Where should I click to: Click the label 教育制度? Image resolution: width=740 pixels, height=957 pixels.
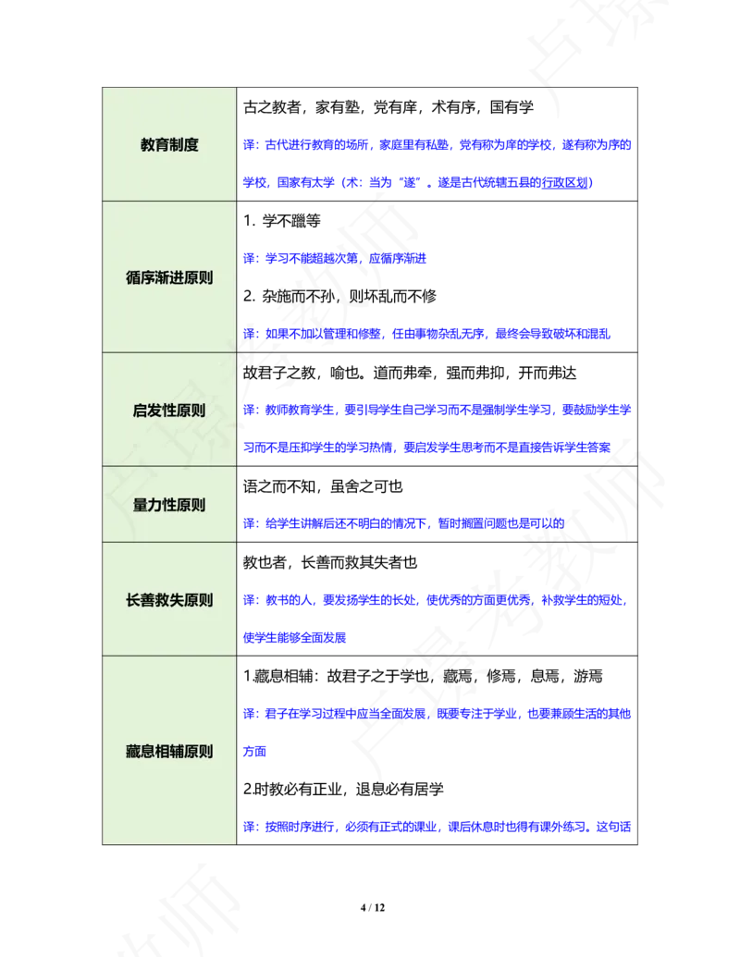pyautogui.click(x=169, y=145)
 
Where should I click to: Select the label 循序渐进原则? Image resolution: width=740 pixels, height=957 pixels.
pyautogui.click(x=169, y=277)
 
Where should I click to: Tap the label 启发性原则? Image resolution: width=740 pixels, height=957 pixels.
pyautogui.click(x=169, y=411)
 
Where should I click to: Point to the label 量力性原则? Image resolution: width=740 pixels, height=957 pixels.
pyautogui.click(x=169, y=505)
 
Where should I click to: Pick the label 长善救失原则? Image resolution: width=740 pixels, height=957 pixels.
pyautogui.click(x=169, y=600)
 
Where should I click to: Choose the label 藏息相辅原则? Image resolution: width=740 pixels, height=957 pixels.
pyautogui.click(x=169, y=752)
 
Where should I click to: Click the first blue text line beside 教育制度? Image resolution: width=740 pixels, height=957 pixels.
pyautogui.click(x=438, y=145)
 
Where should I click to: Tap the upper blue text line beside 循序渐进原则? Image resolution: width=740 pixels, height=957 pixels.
pyautogui.click(x=335, y=259)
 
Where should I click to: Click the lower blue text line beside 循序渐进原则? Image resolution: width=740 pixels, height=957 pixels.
pyautogui.click(x=427, y=333)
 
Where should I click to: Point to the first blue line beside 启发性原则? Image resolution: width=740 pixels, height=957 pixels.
pyautogui.click(x=438, y=410)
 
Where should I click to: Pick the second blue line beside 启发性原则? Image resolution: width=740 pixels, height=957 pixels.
pyautogui.click(x=427, y=448)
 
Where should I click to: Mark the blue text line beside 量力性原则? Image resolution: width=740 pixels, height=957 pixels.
pyautogui.click(x=404, y=523)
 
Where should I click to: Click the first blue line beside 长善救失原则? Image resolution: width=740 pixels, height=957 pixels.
pyautogui.click(x=435, y=600)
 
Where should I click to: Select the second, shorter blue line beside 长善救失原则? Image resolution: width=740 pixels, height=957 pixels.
pyautogui.click(x=295, y=637)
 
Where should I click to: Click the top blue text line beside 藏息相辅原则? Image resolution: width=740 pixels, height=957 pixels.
pyautogui.click(x=438, y=714)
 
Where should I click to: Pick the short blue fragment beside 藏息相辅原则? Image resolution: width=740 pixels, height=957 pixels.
pyautogui.click(x=254, y=752)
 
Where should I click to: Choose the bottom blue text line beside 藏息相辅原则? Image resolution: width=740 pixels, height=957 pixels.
pyautogui.click(x=438, y=827)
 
